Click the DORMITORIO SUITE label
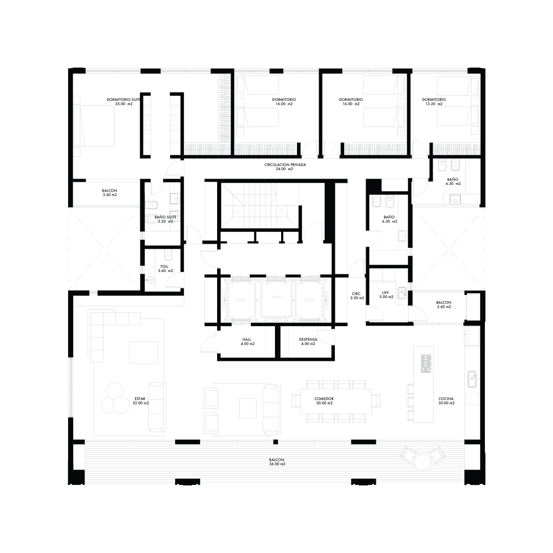click(x=123, y=100)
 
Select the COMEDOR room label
click(x=324, y=399)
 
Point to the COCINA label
click(x=446, y=399)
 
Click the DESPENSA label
click(x=308, y=339)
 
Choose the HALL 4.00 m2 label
click(x=248, y=342)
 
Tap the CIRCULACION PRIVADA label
click(x=285, y=165)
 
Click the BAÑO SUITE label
click(x=165, y=217)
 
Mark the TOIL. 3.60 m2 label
click(x=165, y=269)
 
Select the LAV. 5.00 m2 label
click(x=386, y=294)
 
